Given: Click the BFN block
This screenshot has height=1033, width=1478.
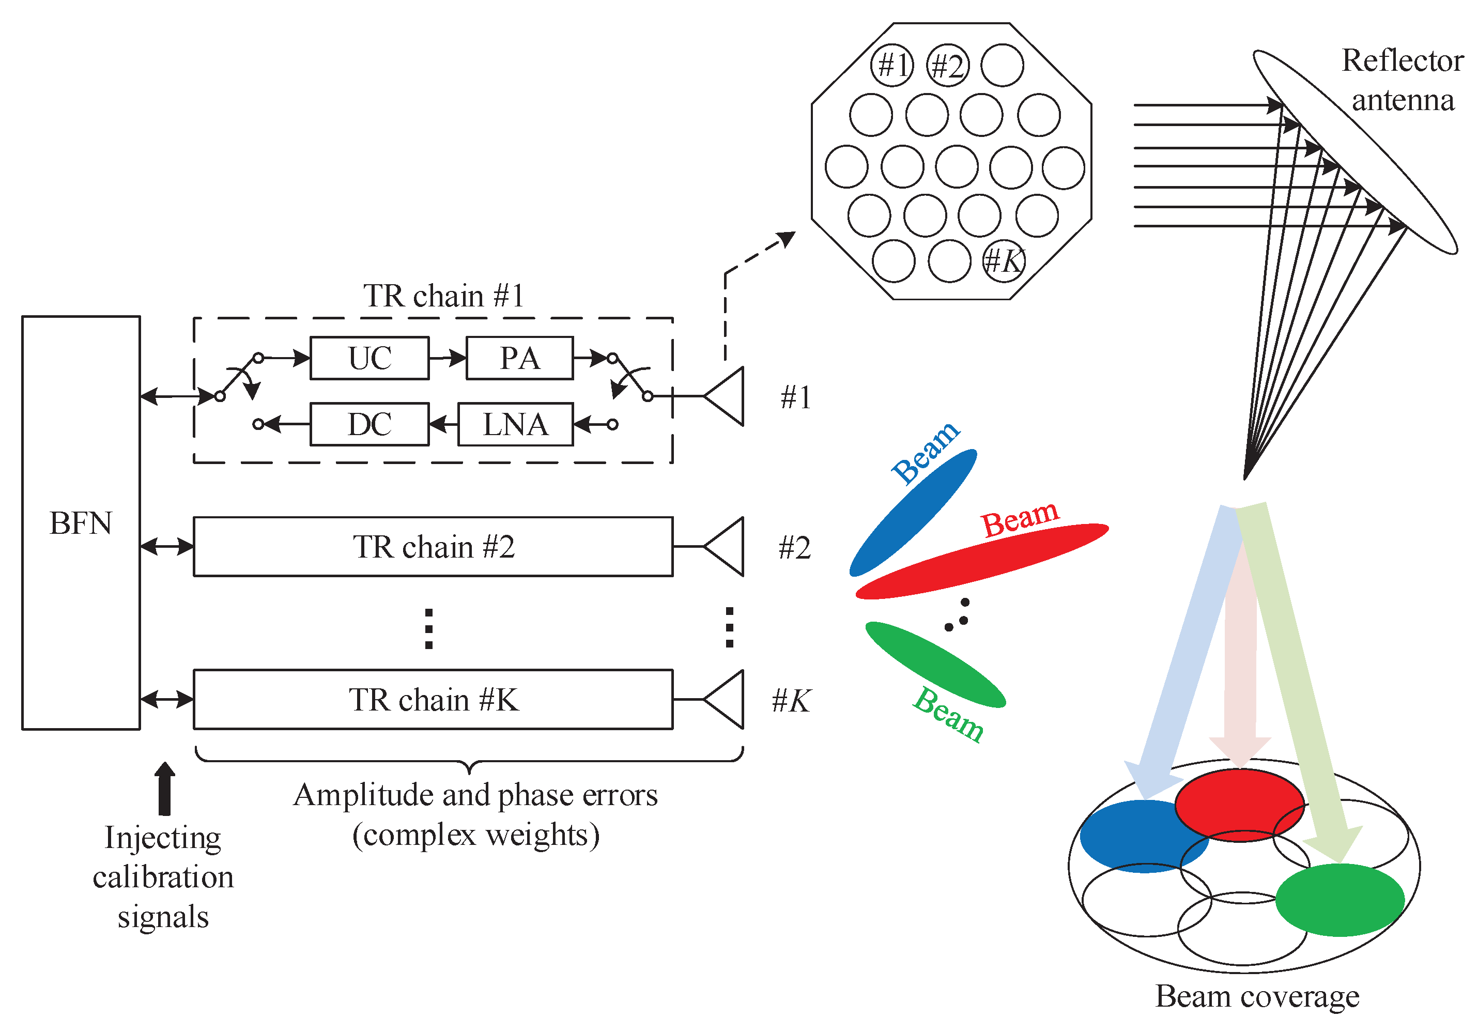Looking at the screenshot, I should tap(81, 522).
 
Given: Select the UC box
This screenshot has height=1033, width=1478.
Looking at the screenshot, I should tap(369, 358).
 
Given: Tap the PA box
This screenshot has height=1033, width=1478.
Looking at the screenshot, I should tap(519, 358).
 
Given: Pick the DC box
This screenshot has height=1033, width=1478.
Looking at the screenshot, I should tap(369, 424).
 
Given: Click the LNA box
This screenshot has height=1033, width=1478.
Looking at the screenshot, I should tap(515, 424).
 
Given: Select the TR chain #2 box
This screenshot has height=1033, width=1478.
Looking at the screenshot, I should tap(433, 546).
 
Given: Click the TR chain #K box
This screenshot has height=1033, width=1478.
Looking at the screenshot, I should tap(433, 700).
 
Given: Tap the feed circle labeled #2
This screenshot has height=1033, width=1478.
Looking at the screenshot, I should tap(948, 65).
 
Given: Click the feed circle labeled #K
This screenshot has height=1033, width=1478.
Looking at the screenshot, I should tap(1004, 260).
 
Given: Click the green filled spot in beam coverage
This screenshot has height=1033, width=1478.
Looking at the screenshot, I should tap(1339, 899).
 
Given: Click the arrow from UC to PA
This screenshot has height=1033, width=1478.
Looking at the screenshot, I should tap(448, 358).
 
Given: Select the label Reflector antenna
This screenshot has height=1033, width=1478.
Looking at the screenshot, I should tap(1402, 80).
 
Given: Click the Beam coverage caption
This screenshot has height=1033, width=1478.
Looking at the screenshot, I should tap(1256, 996).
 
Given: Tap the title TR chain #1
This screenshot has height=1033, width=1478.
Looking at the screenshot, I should tap(443, 296).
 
